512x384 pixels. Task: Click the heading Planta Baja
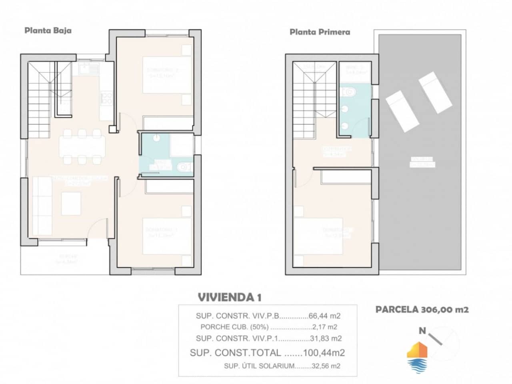[48, 30]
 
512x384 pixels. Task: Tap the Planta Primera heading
[320, 32]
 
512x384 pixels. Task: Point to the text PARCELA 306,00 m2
[422, 309]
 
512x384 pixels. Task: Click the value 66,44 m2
[324, 316]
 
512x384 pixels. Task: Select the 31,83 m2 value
[326, 338]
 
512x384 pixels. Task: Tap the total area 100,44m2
[324, 352]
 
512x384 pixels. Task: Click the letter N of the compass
[422, 330]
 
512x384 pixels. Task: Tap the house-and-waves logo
[417, 357]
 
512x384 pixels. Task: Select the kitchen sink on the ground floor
[89, 70]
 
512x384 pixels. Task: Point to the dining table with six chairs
[82, 146]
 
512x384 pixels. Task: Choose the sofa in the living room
[42, 206]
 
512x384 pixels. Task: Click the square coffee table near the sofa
[71, 203]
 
